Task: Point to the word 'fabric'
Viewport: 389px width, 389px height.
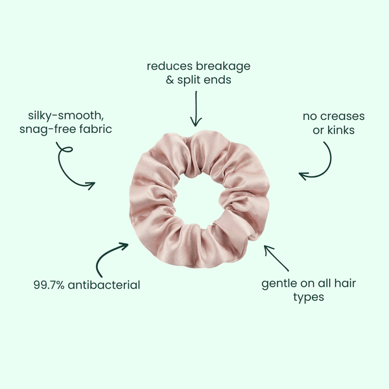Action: (x=94, y=129)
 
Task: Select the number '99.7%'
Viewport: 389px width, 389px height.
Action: (x=49, y=285)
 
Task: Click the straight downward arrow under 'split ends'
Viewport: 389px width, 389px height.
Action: (x=195, y=109)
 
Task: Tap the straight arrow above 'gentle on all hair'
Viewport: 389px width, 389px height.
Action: (x=277, y=258)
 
